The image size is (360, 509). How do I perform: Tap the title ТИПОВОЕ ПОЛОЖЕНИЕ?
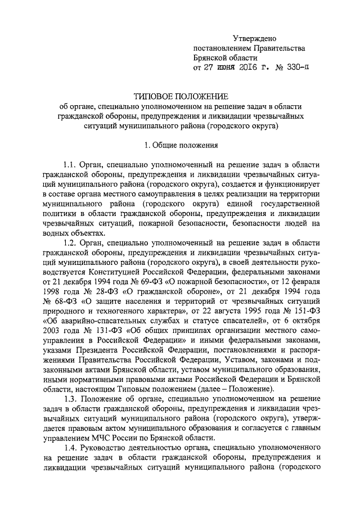[179, 96]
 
